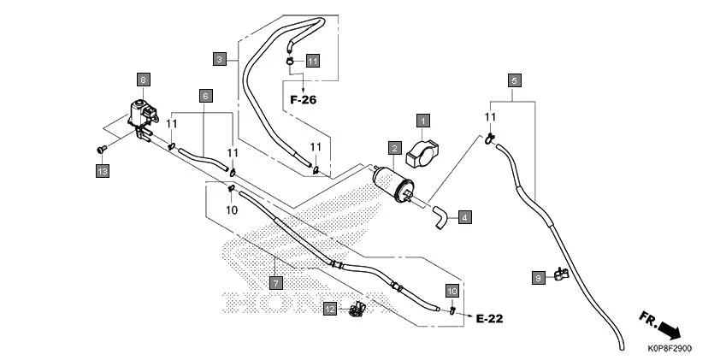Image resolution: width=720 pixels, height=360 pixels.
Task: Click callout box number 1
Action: click(423, 121)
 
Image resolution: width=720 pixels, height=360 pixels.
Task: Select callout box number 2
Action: click(393, 148)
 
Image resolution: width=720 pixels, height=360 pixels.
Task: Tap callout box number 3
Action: click(220, 59)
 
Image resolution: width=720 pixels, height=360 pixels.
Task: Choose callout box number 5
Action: click(514, 80)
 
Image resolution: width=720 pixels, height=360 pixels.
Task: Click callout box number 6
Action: click(205, 96)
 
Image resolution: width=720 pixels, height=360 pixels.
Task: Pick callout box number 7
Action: click(274, 281)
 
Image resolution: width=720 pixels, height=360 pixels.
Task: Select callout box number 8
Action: click(143, 80)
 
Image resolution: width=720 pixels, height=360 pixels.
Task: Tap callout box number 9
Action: click(538, 278)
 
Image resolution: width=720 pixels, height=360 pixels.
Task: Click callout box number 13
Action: click(102, 172)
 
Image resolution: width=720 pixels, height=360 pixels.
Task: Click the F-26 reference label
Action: click(303, 100)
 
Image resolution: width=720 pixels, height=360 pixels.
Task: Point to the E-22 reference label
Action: click(489, 319)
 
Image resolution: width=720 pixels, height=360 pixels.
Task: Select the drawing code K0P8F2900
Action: click(670, 349)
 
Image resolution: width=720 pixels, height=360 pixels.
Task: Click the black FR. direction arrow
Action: click(672, 328)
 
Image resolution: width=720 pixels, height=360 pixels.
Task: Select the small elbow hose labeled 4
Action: click(440, 216)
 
